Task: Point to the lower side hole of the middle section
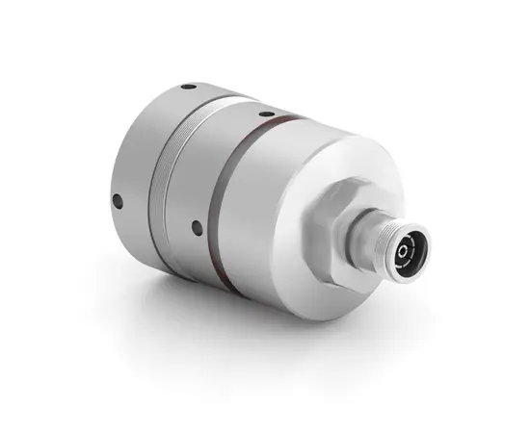(x=196, y=227)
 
